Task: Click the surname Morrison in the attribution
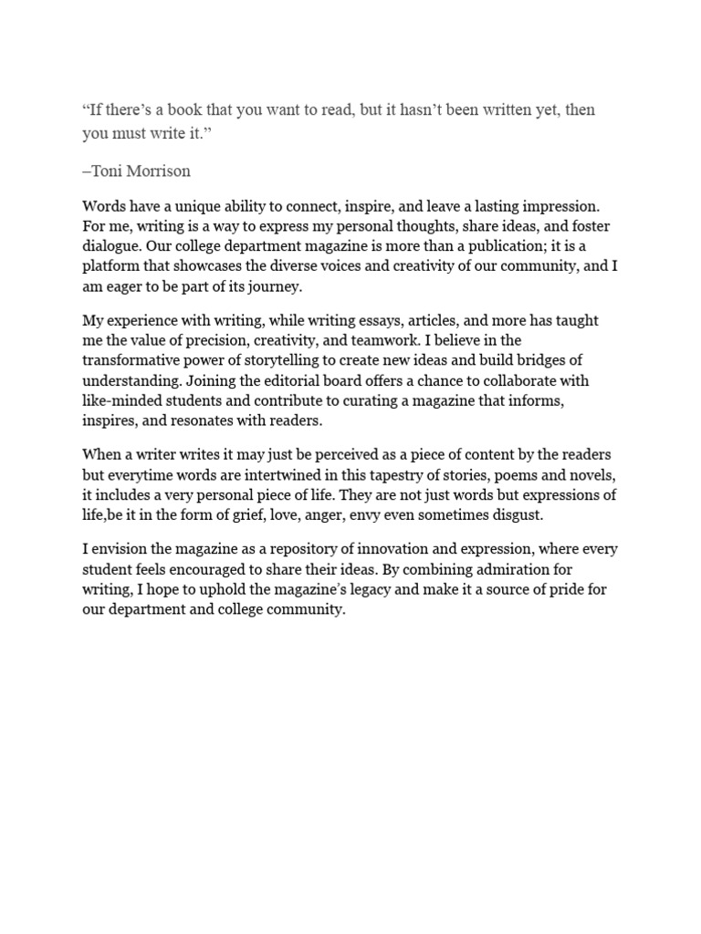click(x=158, y=171)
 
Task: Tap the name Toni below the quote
click(x=108, y=171)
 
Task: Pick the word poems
click(x=507, y=475)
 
